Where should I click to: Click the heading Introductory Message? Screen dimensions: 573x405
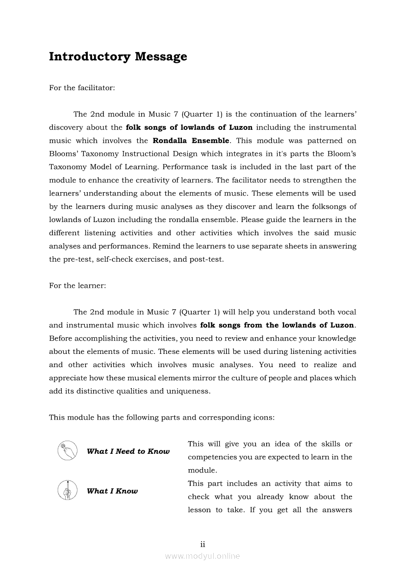tap(118, 56)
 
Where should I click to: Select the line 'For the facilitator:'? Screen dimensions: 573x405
tap(82, 88)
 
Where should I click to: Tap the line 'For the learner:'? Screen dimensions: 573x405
tap(77, 285)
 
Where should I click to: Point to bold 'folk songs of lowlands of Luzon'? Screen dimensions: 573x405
tap(189, 127)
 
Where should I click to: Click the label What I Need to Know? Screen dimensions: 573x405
tap(128, 451)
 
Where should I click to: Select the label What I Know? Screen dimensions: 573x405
tap(112, 491)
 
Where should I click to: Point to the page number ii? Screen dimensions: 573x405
tap(202, 544)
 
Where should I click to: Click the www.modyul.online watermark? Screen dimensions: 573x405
tap(202, 556)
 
